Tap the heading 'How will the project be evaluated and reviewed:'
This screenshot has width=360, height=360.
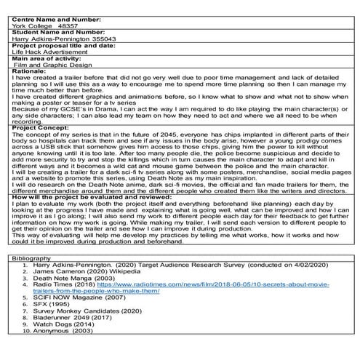(87, 196)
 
